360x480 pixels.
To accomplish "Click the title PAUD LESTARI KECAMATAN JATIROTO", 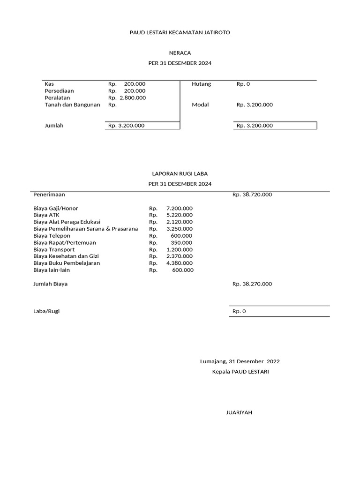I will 180,32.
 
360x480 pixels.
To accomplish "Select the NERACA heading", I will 180,53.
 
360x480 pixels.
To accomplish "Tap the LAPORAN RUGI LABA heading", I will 180,173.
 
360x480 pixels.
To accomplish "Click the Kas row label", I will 49,84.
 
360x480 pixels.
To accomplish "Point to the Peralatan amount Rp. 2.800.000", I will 127,97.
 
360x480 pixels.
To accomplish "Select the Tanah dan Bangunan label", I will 72,105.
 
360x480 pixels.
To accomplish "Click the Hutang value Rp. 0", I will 243,84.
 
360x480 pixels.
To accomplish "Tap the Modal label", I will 200,105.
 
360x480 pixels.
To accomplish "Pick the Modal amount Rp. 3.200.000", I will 254,105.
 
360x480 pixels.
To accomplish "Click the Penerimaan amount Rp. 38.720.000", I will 252,195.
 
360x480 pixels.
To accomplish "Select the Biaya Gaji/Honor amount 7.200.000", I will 179,208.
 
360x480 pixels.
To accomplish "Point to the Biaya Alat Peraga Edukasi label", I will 67,222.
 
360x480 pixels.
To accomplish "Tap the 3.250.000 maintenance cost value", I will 179,229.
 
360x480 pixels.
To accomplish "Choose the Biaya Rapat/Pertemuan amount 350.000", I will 181,242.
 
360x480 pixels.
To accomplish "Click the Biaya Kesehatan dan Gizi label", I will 66,256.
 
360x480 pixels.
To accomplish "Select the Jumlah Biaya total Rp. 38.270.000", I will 252,284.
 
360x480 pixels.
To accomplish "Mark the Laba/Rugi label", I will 46,311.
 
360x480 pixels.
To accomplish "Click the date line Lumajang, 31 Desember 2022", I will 240,361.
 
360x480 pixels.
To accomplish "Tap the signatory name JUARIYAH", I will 239,412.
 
